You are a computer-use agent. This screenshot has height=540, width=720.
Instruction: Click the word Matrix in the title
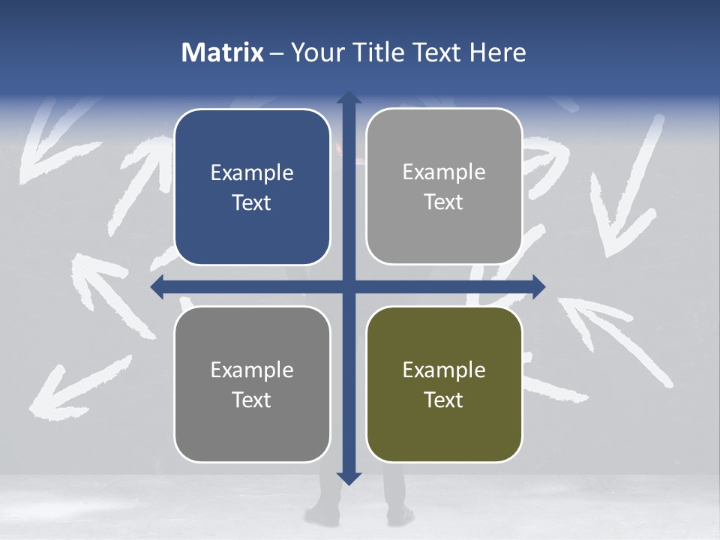[223, 52]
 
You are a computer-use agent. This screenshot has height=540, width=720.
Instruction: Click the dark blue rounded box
[252, 187]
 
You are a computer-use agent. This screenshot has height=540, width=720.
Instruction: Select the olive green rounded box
[444, 385]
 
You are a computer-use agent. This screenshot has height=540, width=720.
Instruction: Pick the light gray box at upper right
[444, 187]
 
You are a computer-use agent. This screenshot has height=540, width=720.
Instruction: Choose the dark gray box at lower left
[252, 385]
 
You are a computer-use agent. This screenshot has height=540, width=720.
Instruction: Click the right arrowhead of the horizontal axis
[538, 286]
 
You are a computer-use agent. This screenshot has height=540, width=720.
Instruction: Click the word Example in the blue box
[252, 173]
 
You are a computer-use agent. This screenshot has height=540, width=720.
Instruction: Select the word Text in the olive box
[444, 400]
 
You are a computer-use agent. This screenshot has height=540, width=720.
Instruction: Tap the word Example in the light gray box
[444, 172]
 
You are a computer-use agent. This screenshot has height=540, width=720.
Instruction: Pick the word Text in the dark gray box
[252, 400]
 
